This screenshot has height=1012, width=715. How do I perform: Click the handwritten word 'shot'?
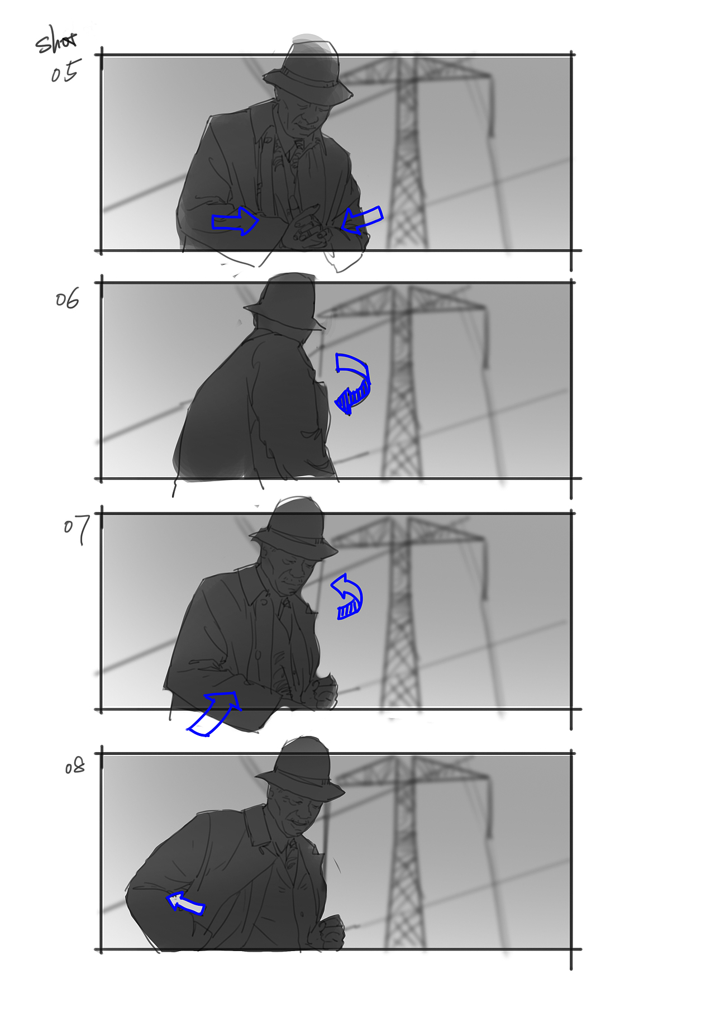point(56,41)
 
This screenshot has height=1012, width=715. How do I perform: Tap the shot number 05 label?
point(65,72)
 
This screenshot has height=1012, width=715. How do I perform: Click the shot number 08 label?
point(75,766)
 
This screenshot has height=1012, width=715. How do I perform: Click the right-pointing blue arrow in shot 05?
point(235,221)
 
